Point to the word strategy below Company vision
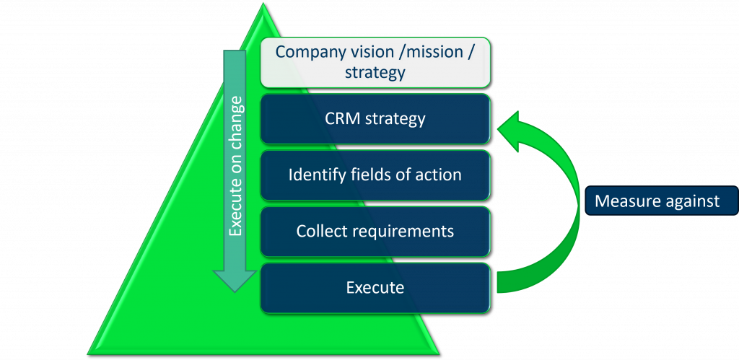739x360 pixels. [x=375, y=73]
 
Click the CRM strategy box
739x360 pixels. [x=375, y=118]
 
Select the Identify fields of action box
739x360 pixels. [x=375, y=175]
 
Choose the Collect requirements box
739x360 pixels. [x=375, y=231]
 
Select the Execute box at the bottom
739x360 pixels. [x=375, y=288]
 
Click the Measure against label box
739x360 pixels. [x=657, y=201]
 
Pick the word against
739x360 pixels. [x=689, y=201]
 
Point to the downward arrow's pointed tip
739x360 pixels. [x=235, y=291]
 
